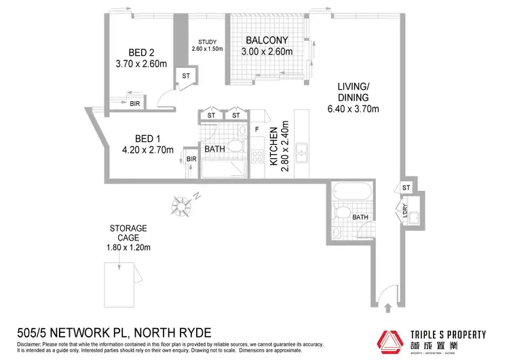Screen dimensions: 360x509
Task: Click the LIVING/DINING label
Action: (358, 98)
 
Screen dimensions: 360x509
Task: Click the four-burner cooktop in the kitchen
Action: (259, 156)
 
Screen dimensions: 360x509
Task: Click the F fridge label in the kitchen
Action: (257, 128)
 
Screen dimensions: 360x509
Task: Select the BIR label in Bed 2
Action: (135, 104)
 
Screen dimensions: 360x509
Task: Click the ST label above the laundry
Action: (406, 187)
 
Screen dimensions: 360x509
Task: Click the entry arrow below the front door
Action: (388, 308)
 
